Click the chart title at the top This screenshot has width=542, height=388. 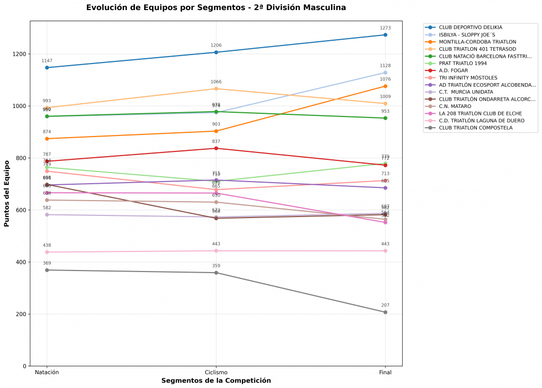click(216, 8)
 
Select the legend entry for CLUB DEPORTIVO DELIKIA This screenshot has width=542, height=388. click(471, 27)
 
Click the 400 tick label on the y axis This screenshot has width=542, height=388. click(21, 262)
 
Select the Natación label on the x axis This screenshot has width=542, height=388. click(47, 372)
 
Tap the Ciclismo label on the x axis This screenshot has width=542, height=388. click(216, 372)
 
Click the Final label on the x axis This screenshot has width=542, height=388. click(385, 372)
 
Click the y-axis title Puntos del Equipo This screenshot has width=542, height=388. click(7, 194)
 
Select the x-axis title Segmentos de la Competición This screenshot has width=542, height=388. click(216, 381)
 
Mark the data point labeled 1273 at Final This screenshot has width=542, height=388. click(385, 35)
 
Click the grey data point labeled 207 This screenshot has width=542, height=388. click(385, 312)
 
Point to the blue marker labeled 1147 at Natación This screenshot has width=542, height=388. click(47, 68)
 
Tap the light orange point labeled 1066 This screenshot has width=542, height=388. click(216, 88)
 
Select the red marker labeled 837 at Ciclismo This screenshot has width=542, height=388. click(216, 148)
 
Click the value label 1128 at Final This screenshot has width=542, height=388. click(385, 66)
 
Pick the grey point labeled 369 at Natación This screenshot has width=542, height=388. click(47, 270)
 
